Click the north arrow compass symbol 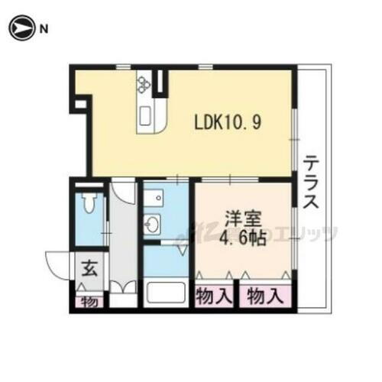pyautogui.click(x=21, y=30)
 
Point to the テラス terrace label pyautogui.click(x=312, y=183)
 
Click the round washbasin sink pyautogui.click(x=154, y=225)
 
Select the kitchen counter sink pyautogui.click(x=144, y=116)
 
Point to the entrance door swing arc pyautogui.click(x=58, y=264)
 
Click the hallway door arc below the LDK pyautogui.click(x=123, y=190)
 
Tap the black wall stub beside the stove pyautogui.click(x=160, y=83)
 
